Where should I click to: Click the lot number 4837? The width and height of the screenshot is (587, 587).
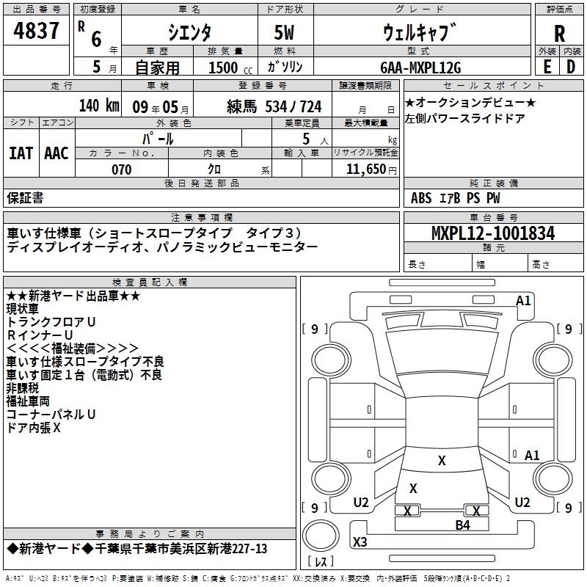coord(36,31)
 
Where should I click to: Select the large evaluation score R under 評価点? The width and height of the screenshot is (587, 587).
coord(559,33)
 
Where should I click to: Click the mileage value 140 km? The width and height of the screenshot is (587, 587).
coord(98,105)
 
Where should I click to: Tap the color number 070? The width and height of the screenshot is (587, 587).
coord(121,170)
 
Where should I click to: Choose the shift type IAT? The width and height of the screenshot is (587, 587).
coord(21,153)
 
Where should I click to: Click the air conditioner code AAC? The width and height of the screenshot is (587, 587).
coord(56,153)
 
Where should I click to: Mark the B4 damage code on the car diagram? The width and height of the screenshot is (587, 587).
coord(462,525)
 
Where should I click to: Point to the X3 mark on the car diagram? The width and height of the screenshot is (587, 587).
coord(360,542)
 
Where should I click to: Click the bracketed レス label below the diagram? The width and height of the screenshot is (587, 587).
coord(321,562)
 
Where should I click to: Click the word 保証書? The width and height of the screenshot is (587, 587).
coord(25,197)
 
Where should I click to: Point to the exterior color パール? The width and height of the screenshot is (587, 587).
coord(158,138)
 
